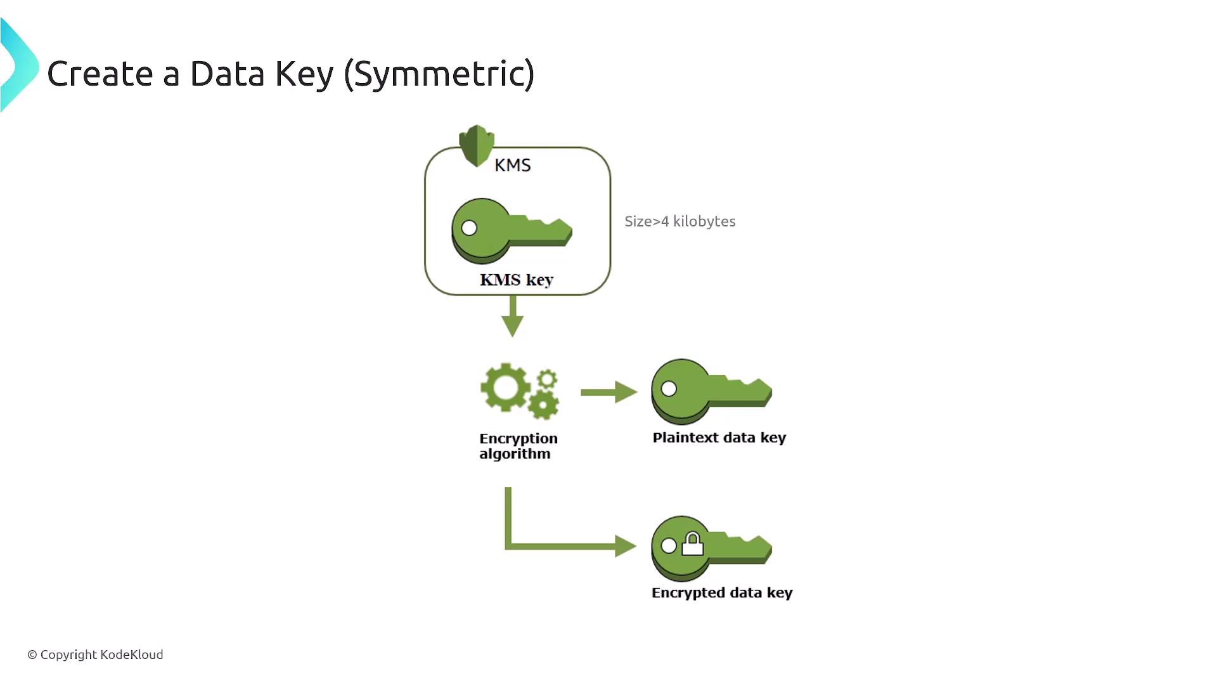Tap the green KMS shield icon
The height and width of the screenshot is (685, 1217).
point(476,145)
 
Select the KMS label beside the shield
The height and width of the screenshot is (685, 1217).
point(512,166)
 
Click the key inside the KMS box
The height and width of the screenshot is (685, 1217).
point(511,231)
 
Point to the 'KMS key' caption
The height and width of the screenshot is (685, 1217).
point(517,280)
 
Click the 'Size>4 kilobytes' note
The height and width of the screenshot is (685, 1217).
point(679,221)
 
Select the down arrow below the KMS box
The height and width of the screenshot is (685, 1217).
point(512,316)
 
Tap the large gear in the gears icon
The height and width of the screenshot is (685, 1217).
point(505,387)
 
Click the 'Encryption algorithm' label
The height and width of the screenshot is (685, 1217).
point(518,446)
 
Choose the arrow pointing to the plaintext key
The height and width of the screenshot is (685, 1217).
point(608,392)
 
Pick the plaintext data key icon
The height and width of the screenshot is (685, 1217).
point(711,391)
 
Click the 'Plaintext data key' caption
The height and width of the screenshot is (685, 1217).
point(719,438)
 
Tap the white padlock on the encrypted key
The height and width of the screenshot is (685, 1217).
point(692,544)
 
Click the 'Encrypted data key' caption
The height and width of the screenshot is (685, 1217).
point(722,592)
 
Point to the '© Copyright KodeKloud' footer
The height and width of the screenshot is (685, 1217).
point(95,655)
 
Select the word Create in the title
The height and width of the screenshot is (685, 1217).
point(100,74)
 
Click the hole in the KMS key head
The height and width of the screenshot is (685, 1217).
point(469,228)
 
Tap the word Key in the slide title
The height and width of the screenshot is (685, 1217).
point(304,74)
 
